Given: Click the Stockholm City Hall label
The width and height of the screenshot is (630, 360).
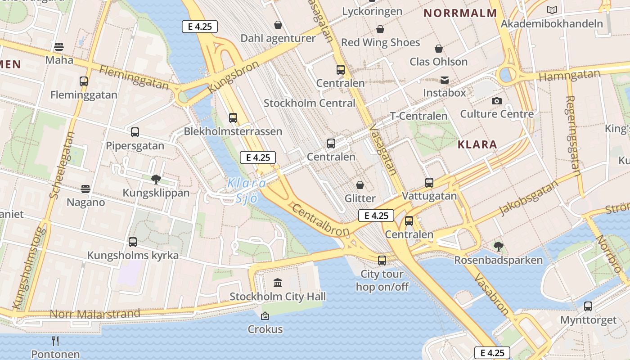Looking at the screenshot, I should (x=278, y=297).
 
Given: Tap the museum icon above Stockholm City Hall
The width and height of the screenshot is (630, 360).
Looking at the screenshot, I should (x=278, y=283).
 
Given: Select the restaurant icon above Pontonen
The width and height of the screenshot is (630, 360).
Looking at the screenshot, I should (x=55, y=341).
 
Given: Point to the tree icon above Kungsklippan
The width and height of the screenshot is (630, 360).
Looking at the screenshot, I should (x=156, y=180).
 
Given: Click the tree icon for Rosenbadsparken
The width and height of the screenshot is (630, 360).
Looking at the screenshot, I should (x=498, y=247).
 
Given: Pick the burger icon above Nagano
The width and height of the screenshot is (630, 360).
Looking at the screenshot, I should (x=85, y=189).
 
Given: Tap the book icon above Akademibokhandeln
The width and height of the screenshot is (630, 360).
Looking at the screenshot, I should (x=552, y=10).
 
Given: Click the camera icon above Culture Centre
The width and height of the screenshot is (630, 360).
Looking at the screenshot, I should (x=497, y=101).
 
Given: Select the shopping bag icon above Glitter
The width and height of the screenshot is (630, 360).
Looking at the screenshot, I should (x=360, y=185).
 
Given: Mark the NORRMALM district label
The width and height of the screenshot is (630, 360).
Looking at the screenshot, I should (x=460, y=13).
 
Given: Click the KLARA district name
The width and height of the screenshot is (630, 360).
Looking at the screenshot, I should (x=477, y=144).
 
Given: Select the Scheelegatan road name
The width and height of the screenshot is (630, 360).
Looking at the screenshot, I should (x=62, y=165).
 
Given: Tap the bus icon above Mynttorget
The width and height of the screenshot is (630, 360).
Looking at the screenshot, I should (x=588, y=306).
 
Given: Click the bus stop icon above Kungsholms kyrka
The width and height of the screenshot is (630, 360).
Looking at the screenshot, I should (x=133, y=242).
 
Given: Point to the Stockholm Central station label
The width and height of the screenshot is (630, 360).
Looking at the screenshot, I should (x=309, y=103).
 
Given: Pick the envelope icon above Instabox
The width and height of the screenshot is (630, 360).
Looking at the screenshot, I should (x=445, y=80).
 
